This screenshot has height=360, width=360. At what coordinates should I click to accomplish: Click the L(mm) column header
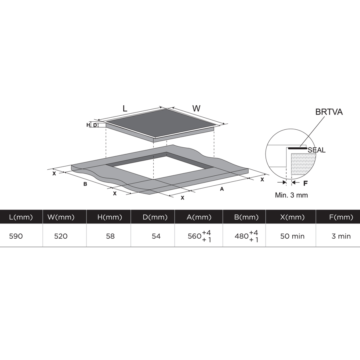pyautogui.click(x=21, y=217)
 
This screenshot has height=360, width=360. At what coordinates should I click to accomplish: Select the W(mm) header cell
pyautogui.click(x=61, y=217)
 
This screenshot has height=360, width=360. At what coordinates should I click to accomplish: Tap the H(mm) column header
pyautogui.click(x=110, y=217)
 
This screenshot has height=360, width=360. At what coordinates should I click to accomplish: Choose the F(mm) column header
pyautogui.click(x=341, y=217)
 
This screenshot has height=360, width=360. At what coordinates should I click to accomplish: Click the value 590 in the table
pyautogui.click(x=16, y=236)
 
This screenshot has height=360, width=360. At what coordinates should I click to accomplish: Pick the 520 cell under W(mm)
pyautogui.click(x=61, y=236)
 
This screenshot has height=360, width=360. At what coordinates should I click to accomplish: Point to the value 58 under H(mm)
pyautogui.click(x=110, y=236)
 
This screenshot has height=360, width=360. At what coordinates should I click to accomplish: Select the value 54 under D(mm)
pyautogui.click(x=156, y=236)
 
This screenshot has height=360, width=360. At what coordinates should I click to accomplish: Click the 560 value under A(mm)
pyautogui.click(x=195, y=236)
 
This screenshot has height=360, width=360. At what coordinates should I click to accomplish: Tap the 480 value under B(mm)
pyautogui.click(x=241, y=236)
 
